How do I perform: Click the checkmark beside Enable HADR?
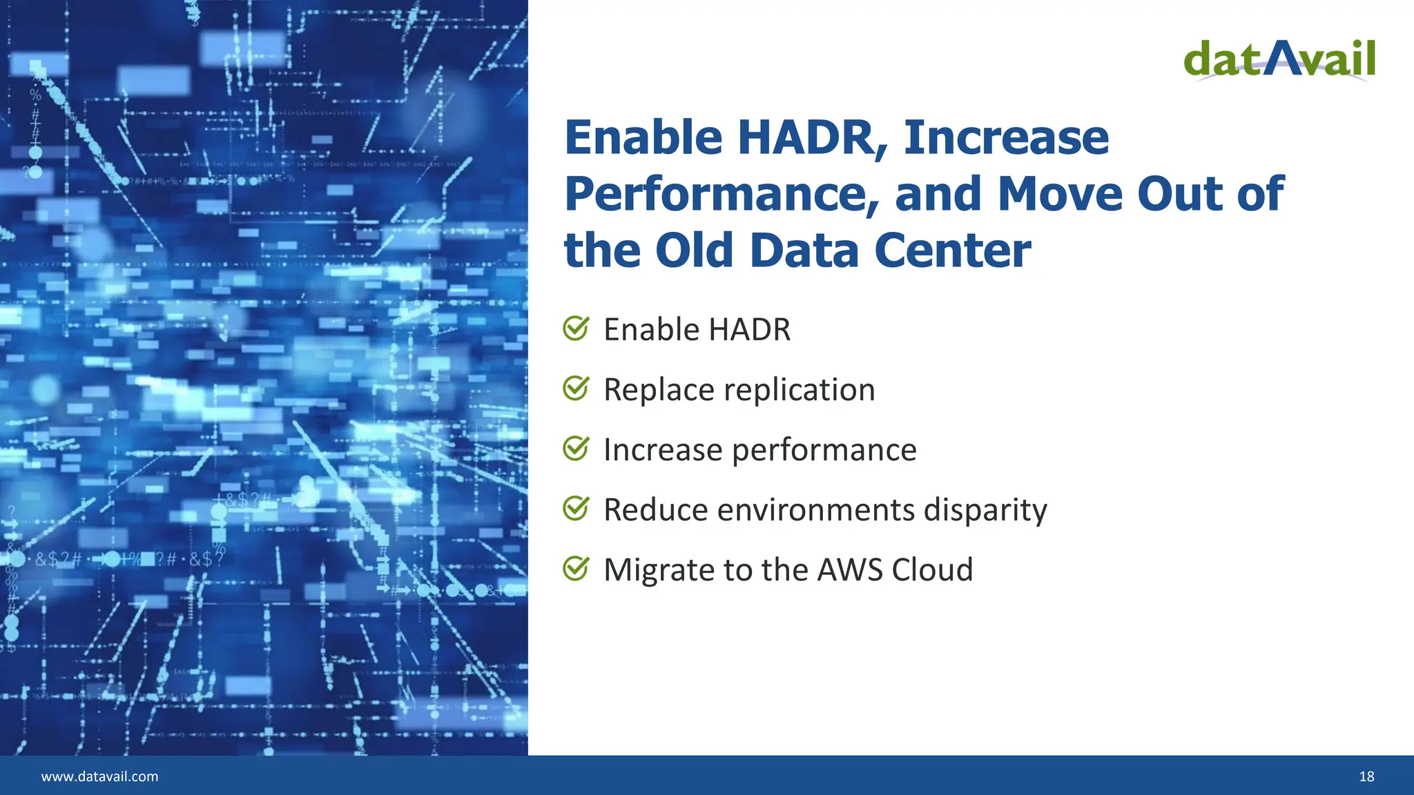click(576, 328)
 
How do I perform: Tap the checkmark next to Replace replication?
click(576, 389)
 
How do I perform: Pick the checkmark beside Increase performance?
click(576, 449)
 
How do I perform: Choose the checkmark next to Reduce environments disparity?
click(576, 509)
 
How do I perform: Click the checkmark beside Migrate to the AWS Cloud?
click(576, 569)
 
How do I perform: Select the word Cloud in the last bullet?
click(932, 570)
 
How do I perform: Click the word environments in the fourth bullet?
click(816, 511)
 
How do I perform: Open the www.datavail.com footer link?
click(99, 776)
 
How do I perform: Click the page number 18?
click(1366, 776)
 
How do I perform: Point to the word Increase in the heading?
click(1006, 138)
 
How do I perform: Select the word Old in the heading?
click(694, 251)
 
